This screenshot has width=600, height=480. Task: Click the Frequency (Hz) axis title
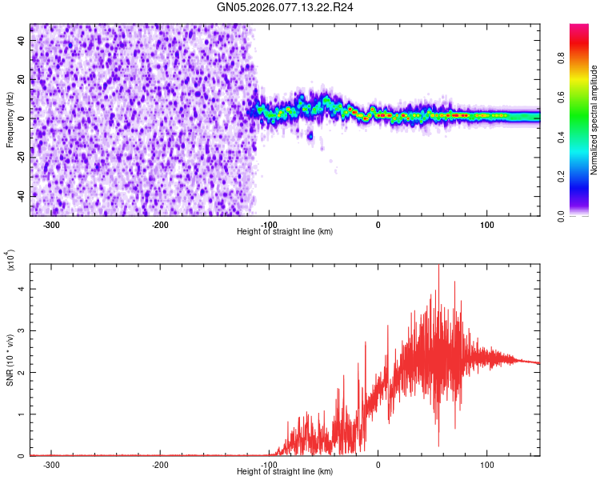tap(9, 120)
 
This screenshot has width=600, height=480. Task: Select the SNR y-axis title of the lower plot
tap(9, 360)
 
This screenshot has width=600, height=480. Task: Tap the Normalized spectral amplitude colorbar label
tap(594, 120)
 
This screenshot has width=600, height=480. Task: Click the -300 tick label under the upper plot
tap(52, 225)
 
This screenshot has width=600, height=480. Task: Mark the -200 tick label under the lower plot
tap(161, 465)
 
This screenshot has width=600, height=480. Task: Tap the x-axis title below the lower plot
tap(286, 472)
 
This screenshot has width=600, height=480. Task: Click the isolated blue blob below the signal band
tap(310, 135)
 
